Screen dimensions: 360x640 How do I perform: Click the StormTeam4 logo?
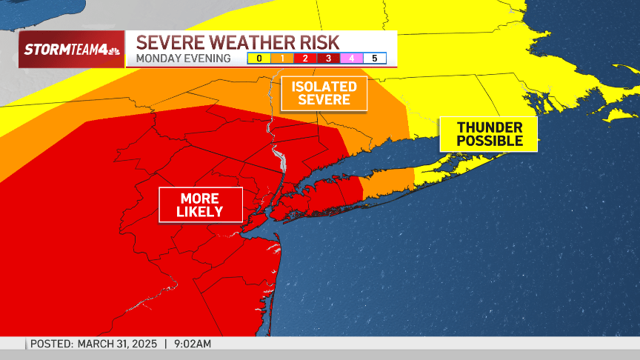tap(71, 50)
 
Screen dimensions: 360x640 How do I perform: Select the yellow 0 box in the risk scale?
tap(259, 58)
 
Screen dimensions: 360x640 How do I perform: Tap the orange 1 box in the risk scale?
tap(282, 58)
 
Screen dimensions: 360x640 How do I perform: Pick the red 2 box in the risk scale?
tap(305, 58)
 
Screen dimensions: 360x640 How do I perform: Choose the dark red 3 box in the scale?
tap(328, 58)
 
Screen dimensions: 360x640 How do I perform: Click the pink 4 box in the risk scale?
tap(351, 58)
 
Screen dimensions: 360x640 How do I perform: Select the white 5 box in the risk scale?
tap(375, 58)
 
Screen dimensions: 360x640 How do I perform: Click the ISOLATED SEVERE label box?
tap(324, 93)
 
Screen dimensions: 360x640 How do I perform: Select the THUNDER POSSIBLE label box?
tap(489, 134)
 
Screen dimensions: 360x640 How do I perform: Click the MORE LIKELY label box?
tap(200, 205)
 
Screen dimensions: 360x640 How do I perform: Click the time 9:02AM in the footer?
tap(192, 344)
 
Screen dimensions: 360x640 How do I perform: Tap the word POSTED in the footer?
tap(51, 344)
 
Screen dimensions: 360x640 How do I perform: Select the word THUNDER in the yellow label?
tap(489, 127)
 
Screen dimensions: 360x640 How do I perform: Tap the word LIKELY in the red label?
tap(200, 213)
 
